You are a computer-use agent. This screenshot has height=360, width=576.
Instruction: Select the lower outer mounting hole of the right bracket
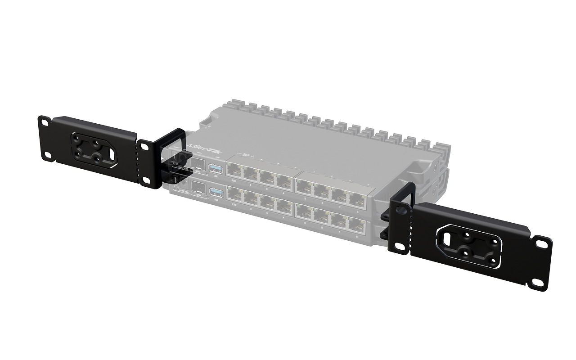click(537, 283)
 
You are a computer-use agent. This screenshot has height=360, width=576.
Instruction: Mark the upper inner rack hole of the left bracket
click(145, 146)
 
